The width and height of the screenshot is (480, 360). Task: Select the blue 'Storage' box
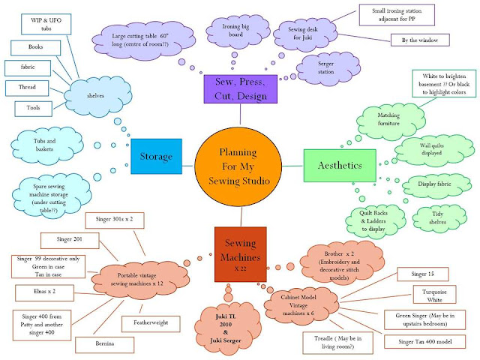click(156, 157)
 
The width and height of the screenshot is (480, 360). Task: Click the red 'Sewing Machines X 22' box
click(241, 250)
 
